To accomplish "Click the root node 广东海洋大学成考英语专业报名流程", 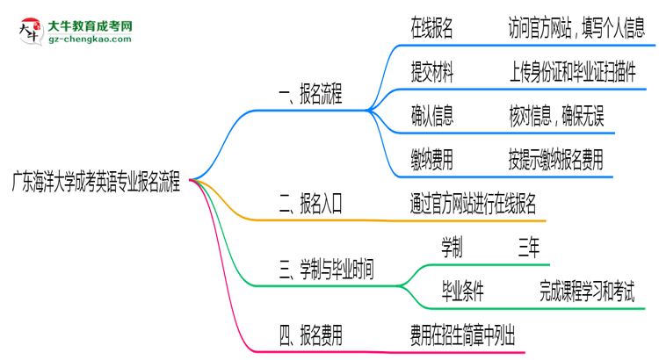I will pos(96,183).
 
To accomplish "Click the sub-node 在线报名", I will pos(431,29).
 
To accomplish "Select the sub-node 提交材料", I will pos(431,72).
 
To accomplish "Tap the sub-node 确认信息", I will pos(431,115).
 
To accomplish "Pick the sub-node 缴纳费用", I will pos(431,159).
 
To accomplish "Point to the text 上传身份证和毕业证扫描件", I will pos(571,72).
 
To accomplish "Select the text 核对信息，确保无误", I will pos(562,115).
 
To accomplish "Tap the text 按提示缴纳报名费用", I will pos(555,159).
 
